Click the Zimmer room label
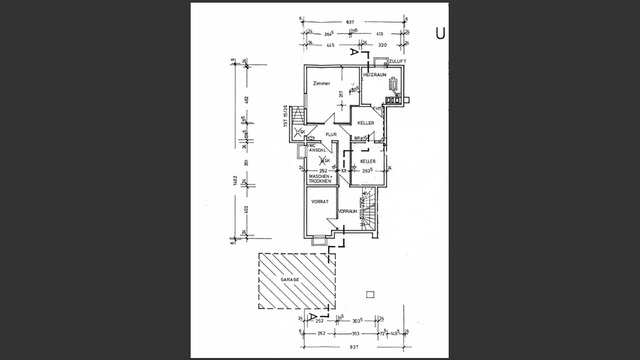pyautogui.click(x=321, y=83)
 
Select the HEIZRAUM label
pyautogui.click(x=375, y=75)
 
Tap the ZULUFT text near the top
pyautogui.click(x=399, y=61)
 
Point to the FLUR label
pyautogui.click(x=331, y=135)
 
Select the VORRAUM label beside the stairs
pyautogui.click(x=349, y=211)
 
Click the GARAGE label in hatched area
pyautogui.click(x=289, y=281)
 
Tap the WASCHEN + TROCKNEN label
pyautogui.click(x=320, y=179)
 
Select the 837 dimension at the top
pyautogui.click(x=351, y=22)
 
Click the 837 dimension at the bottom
pyautogui.click(x=353, y=347)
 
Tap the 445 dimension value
pyautogui.click(x=330, y=45)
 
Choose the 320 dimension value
pyautogui.click(x=383, y=45)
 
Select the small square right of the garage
pyautogui.click(x=371, y=295)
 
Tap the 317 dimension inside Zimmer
pyautogui.click(x=341, y=95)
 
